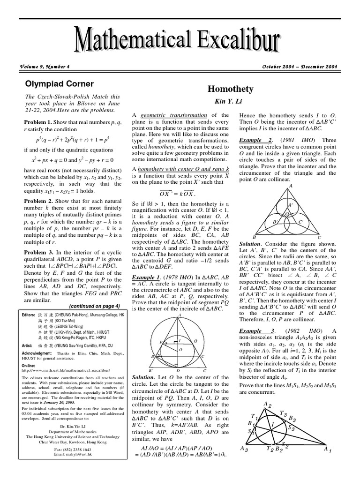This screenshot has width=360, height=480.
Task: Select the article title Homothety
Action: pyautogui.click(x=233, y=89)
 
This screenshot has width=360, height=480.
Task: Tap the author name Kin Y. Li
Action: pyautogui.click(x=233, y=101)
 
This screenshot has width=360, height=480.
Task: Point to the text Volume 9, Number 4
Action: pyautogui.click(x=45, y=67)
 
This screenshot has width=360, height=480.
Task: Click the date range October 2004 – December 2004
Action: pyautogui.click(x=300, y=67)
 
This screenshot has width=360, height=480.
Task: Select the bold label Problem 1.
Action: pyautogui.click(x=38, y=122)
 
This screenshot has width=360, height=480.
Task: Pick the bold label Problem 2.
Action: pyautogui.click(x=38, y=200)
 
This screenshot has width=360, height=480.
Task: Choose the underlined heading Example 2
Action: pyautogui.click(x=253, y=140)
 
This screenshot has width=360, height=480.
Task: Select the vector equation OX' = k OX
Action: pyautogui.click(x=176, y=194)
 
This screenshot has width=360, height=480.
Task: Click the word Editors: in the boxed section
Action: pyautogui.click(x=30, y=315)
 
